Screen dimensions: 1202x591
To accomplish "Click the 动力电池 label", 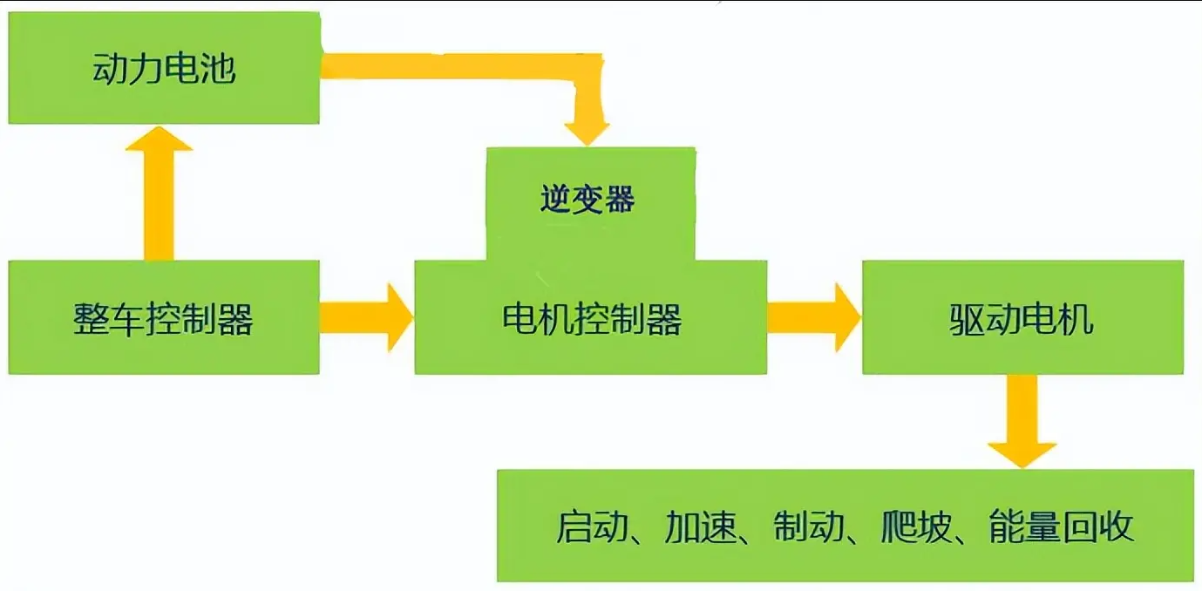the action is tap(164, 68).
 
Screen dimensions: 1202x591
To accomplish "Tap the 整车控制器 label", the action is tap(163, 319).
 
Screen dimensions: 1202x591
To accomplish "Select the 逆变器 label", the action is tap(587, 199).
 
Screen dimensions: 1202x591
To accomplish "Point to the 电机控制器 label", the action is tap(592, 319).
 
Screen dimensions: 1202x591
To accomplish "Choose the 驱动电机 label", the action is tap(1022, 319).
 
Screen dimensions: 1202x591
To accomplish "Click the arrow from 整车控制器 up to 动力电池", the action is tap(159, 194).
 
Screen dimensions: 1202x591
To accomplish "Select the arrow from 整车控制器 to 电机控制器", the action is tap(366, 317).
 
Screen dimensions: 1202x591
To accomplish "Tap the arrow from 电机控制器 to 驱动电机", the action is tap(814, 317).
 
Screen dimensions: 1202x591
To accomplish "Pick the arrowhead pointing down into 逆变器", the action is tap(587, 134).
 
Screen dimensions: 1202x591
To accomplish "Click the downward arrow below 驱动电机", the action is tap(1022, 421).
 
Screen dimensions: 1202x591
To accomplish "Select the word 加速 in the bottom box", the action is tap(700, 526).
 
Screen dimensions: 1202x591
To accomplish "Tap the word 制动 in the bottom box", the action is tap(809, 526).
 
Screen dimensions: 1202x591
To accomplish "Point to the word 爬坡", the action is tap(916, 526).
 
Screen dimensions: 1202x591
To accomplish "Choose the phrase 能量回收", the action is tap(1062, 526).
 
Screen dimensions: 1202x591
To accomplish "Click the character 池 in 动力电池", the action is tap(219, 69).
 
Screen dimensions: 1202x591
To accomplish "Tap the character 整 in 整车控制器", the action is tap(91, 319).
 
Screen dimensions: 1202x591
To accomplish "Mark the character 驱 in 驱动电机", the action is tap(967, 319).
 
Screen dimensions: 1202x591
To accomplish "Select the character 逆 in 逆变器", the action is tap(555, 199).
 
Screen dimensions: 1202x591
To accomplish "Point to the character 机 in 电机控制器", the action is tap(555, 319).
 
